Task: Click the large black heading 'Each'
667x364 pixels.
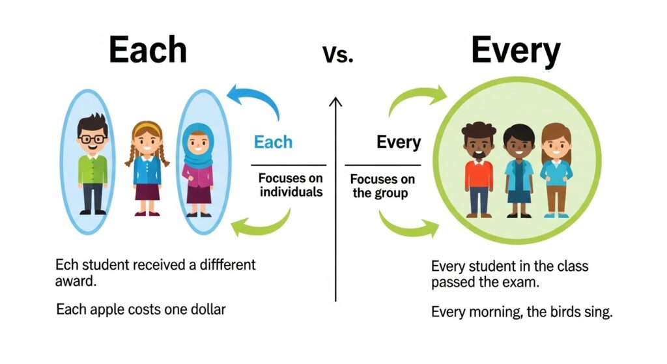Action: click(147, 49)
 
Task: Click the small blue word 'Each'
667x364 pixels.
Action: click(273, 142)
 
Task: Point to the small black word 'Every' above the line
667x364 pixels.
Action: click(399, 142)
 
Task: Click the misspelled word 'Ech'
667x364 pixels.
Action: click(66, 265)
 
